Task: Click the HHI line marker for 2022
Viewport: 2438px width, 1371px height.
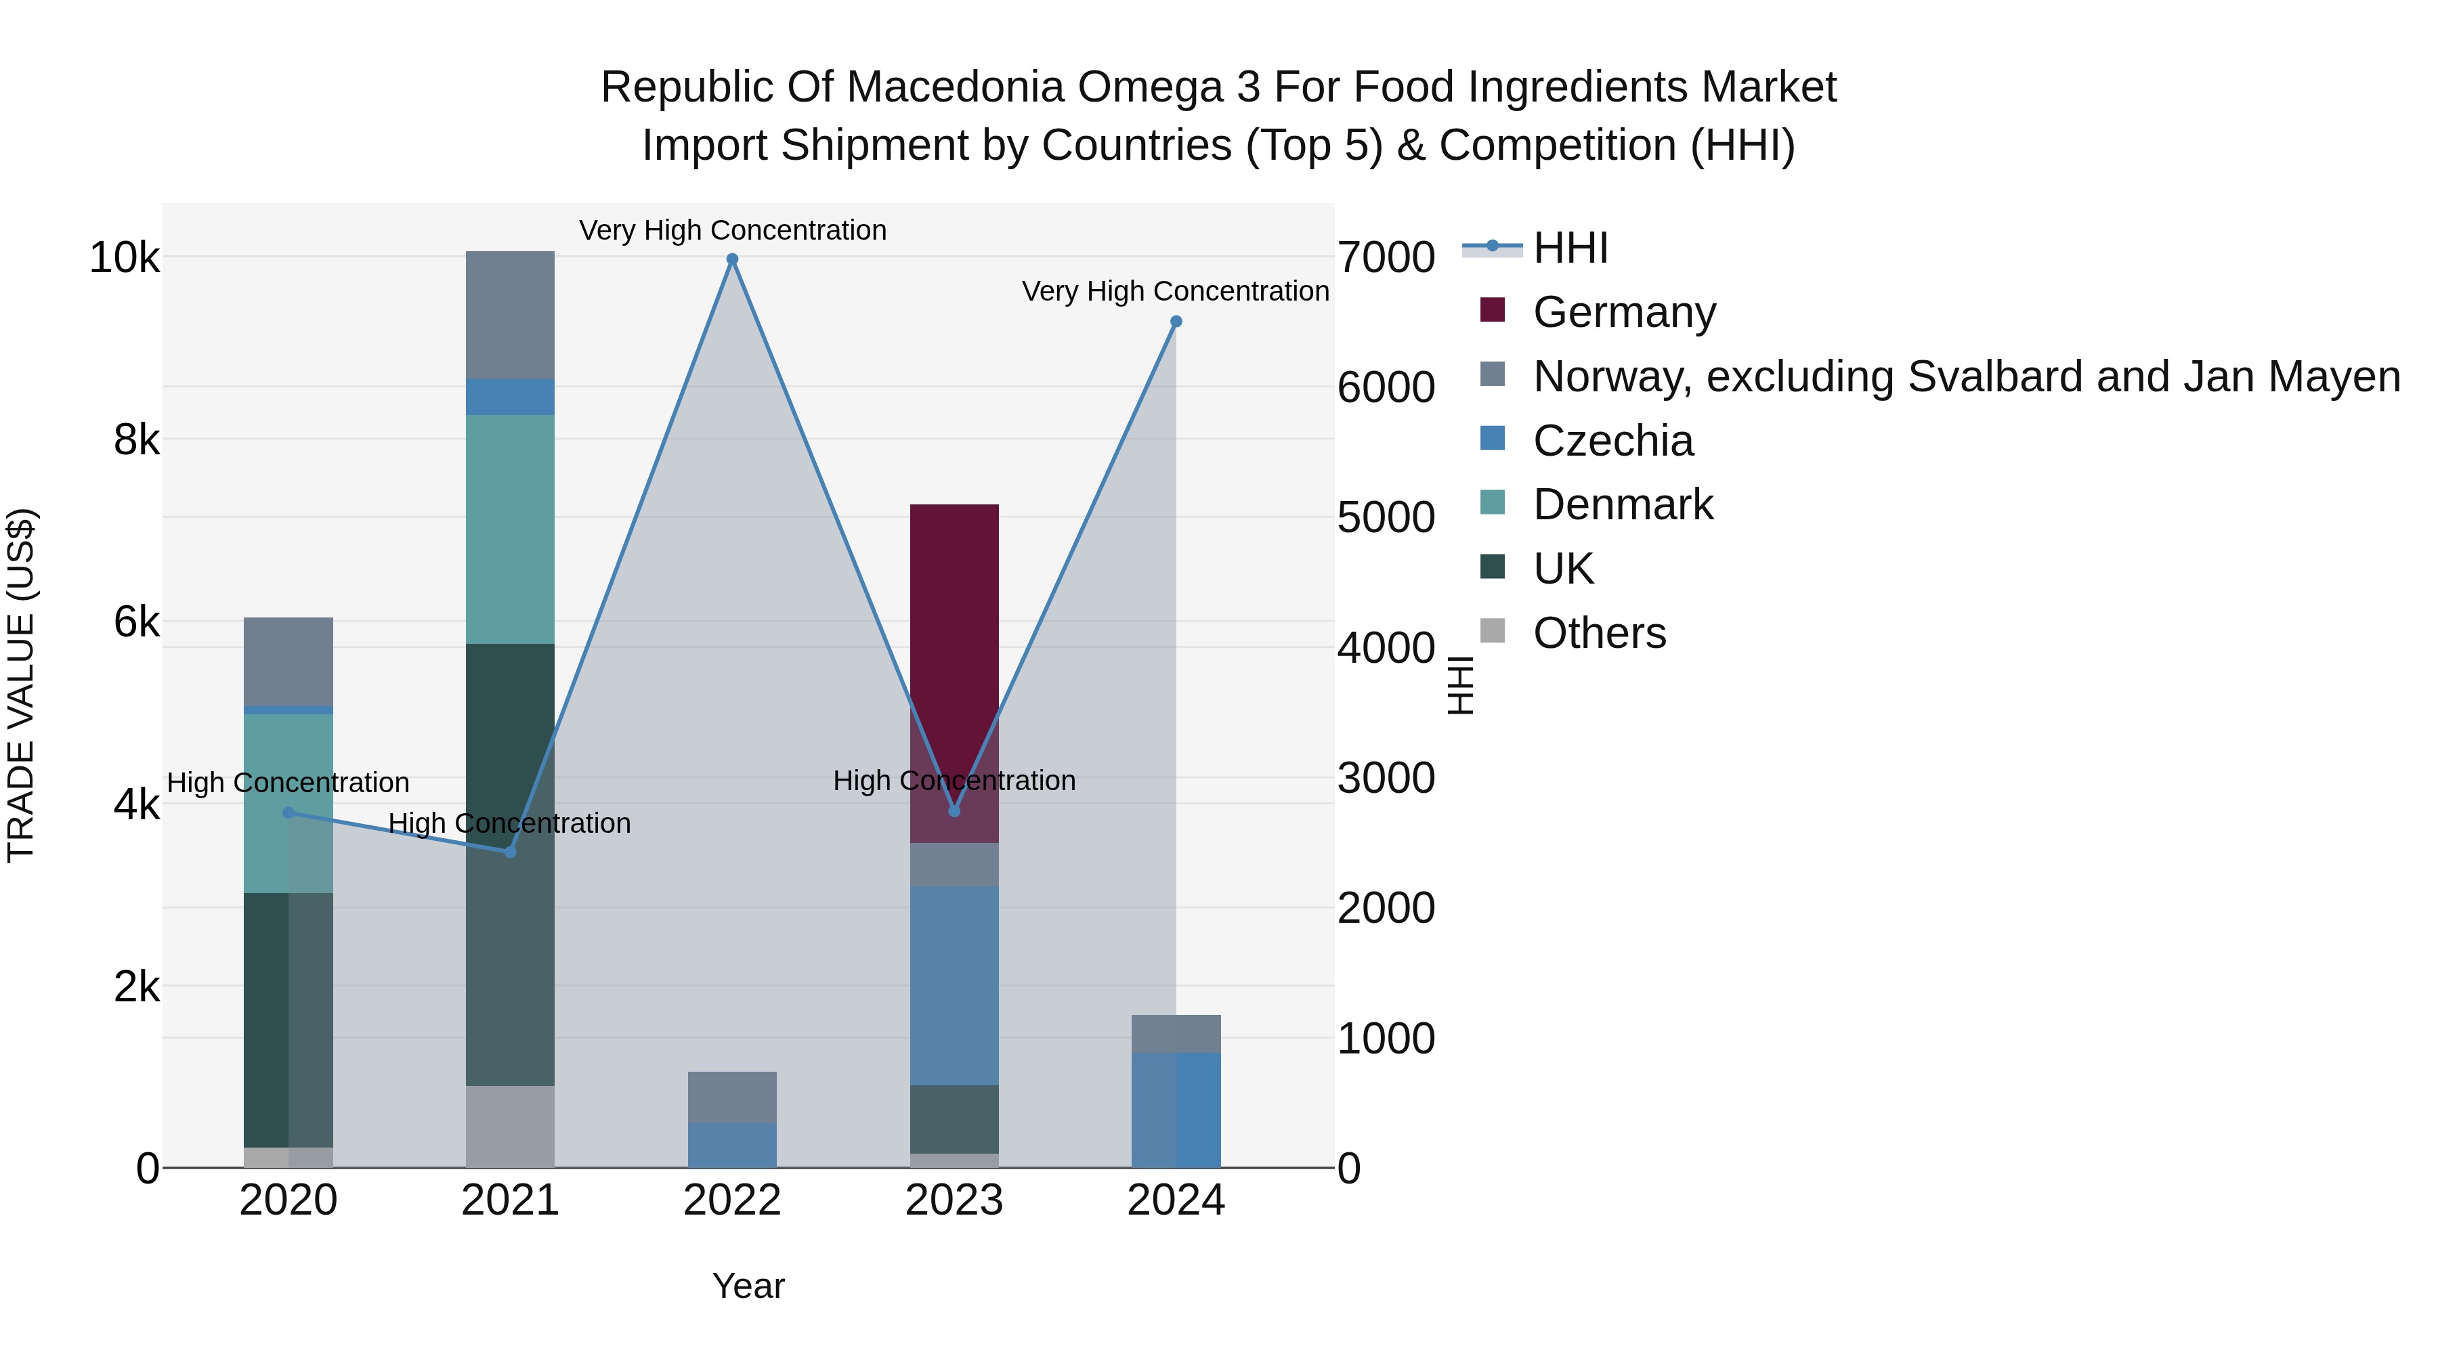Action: pos(731,259)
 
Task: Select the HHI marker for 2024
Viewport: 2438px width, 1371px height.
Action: pos(1176,322)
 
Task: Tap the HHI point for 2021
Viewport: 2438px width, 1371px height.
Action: pos(510,852)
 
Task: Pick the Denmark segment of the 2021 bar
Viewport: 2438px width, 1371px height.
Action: pos(510,530)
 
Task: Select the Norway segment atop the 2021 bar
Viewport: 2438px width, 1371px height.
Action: pos(510,315)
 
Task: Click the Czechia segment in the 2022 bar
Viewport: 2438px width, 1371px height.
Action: pos(731,1145)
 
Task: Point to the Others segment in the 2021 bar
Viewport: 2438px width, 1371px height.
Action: pos(510,1126)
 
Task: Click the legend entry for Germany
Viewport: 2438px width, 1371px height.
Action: pos(1623,312)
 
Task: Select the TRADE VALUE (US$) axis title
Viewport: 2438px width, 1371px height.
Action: pos(21,685)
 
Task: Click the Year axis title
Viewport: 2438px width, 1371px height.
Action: pos(748,1286)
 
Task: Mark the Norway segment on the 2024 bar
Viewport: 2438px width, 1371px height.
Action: pos(1176,1033)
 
